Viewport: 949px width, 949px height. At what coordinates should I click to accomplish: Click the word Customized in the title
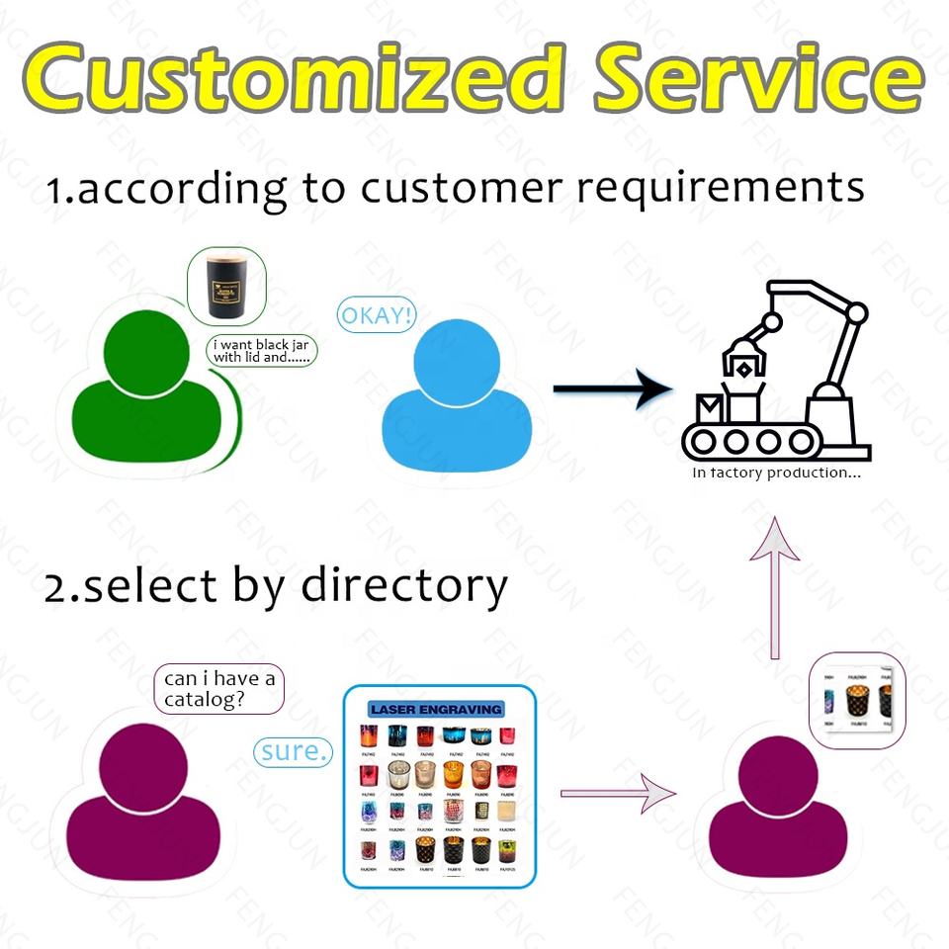pyautogui.click(x=287, y=77)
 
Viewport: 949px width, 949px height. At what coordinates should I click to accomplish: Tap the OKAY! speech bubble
pyautogui.click(x=377, y=315)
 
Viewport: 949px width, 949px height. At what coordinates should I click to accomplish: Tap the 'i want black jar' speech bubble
pyautogui.click(x=261, y=352)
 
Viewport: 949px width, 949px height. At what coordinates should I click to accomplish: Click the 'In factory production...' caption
pyautogui.click(x=776, y=473)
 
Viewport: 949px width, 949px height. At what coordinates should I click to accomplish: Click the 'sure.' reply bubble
pyautogui.click(x=294, y=751)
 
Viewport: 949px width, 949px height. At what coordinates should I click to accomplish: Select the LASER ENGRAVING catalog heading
pyautogui.click(x=436, y=709)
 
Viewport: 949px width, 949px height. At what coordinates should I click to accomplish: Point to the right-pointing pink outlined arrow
pyautogui.click(x=618, y=793)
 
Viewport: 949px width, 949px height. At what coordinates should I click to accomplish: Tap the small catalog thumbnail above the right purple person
pyautogui.click(x=857, y=702)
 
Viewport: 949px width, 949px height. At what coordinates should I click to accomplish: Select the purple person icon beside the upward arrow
pyautogui.click(x=777, y=811)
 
